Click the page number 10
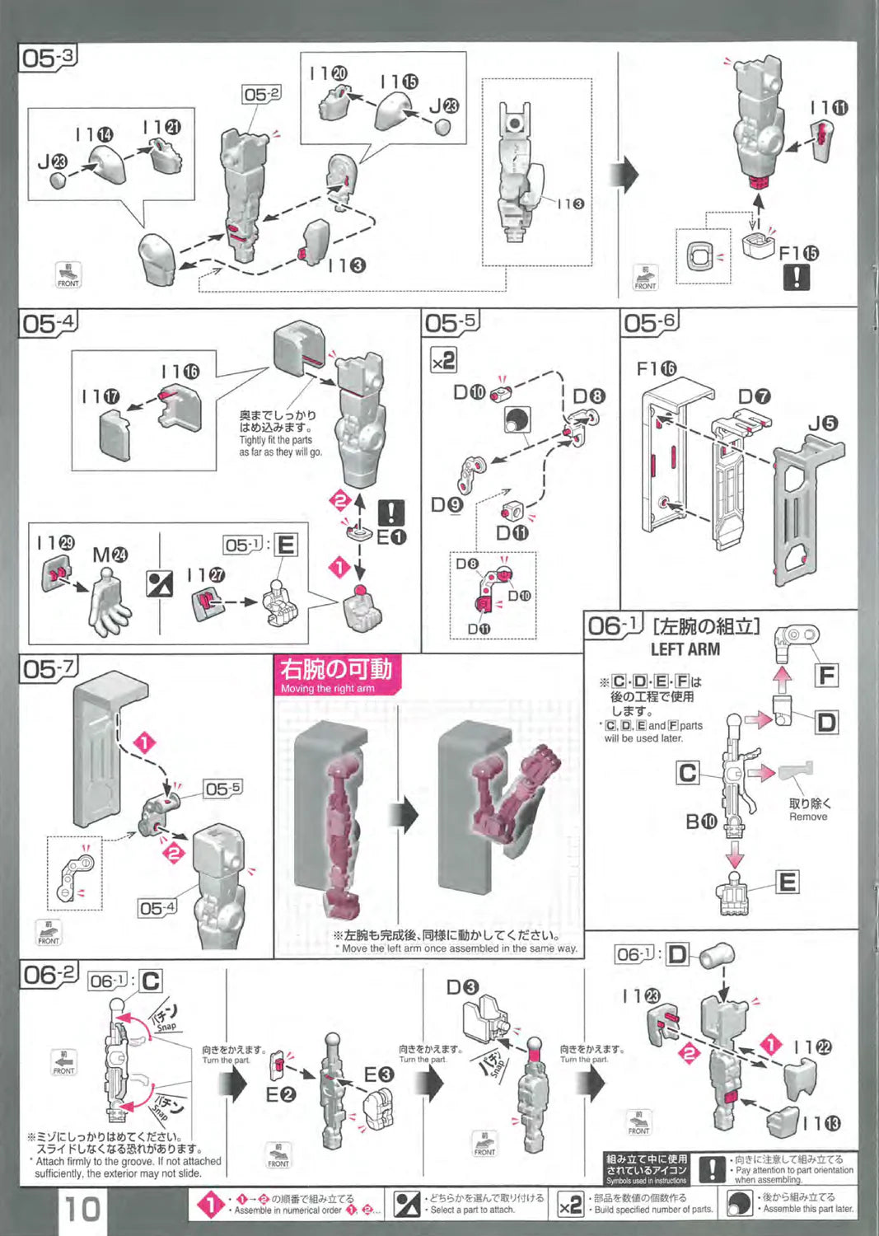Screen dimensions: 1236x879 pyautogui.click(x=82, y=1209)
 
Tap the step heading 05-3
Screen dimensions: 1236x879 pyautogui.click(x=48, y=59)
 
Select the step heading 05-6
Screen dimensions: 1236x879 pyautogui.click(x=649, y=323)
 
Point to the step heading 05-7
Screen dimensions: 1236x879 pyautogui.click(x=48, y=669)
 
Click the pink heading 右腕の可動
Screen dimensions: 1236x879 pyautogui.click(x=335, y=669)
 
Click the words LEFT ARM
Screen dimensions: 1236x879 pyautogui.click(x=685, y=649)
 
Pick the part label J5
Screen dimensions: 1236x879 pyautogui.click(x=822, y=424)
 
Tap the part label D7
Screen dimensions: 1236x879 pyautogui.click(x=754, y=396)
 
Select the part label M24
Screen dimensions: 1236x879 pyautogui.click(x=110, y=555)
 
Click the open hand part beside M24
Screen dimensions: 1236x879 pyautogui.click(x=110, y=606)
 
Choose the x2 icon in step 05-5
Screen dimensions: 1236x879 pyautogui.click(x=443, y=360)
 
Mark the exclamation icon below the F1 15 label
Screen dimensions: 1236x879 pyautogui.click(x=796, y=277)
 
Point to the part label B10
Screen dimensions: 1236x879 pyautogui.click(x=701, y=821)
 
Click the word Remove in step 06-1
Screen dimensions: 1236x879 pyautogui.click(x=808, y=817)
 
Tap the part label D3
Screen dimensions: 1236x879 pyautogui.click(x=462, y=986)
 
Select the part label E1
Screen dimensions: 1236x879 pyautogui.click(x=391, y=536)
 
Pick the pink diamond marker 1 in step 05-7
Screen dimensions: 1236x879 pyautogui.click(x=144, y=743)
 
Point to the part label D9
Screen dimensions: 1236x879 pyautogui.click(x=447, y=504)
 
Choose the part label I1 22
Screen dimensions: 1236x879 pyautogui.click(x=812, y=1047)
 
